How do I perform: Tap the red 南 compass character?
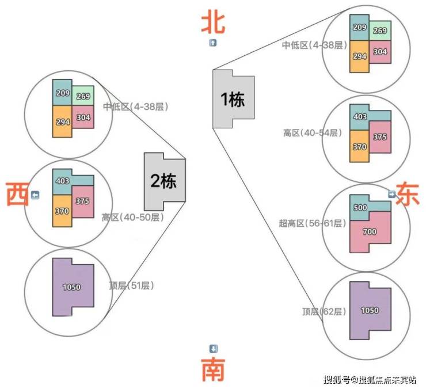pyautogui.click(x=213, y=369)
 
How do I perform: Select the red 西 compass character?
pyautogui.click(x=17, y=194)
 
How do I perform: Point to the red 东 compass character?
pyautogui.click(x=408, y=194)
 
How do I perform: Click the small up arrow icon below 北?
pyautogui.click(x=213, y=43)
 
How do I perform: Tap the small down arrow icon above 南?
pyautogui.click(x=213, y=349)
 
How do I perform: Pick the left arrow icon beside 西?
pyautogui.click(x=35, y=195)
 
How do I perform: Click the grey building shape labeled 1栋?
pyautogui.click(x=233, y=99)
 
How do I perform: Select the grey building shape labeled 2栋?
pyautogui.click(x=165, y=181)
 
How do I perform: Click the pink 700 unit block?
pyautogui.click(x=370, y=232)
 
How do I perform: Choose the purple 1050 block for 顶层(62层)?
pyautogui.click(x=370, y=311)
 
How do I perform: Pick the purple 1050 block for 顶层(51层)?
pyautogui.click(x=73, y=287)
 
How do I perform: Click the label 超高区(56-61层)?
pyautogui.click(x=313, y=223)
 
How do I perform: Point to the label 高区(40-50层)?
pyautogui.click(x=133, y=218)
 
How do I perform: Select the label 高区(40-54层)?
pyautogui.click(x=313, y=133)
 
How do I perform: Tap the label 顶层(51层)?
pyautogui.click(x=131, y=285)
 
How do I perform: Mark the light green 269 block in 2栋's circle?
pyautogui.click(x=83, y=96)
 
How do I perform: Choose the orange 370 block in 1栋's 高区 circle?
pyautogui.click(x=359, y=146)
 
